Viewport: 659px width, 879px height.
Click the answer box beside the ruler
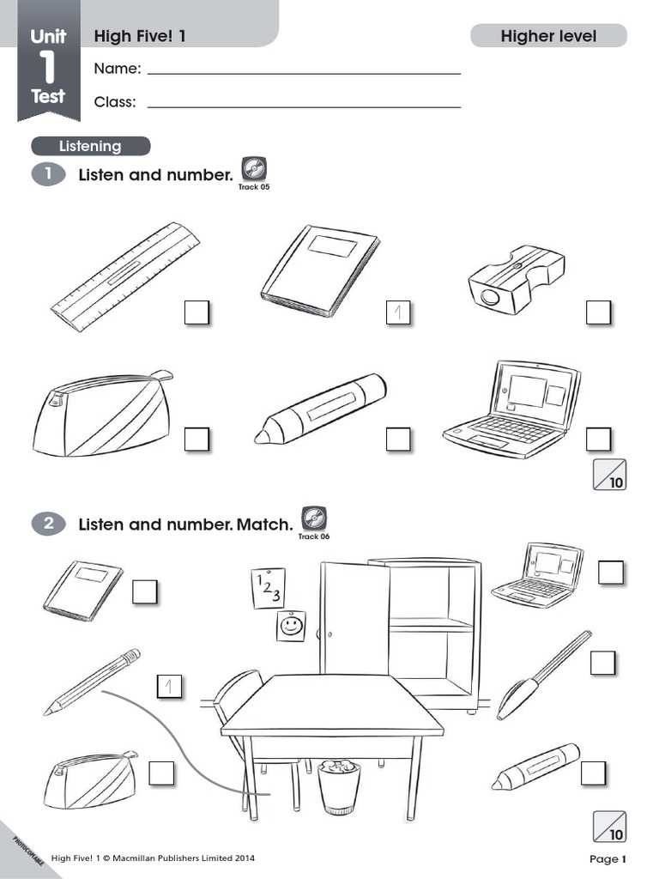click(196, 312)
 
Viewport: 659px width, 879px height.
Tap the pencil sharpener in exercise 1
click(516, 276)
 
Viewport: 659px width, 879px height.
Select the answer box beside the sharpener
click(598, 312)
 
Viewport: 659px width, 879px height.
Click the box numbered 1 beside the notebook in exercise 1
click(398, 312)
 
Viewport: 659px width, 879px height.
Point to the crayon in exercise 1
click(321, 409)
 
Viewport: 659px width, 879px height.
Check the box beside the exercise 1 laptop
click(598, 439)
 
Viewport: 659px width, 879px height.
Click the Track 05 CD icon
click(254, 168)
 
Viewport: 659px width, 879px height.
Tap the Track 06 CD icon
click(314, 518)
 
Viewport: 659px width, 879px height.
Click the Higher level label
click(548, 36)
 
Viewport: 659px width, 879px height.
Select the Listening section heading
click(91, 146)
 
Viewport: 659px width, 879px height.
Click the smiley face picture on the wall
click(292, 626)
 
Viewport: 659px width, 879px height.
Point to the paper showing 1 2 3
click(268, 588)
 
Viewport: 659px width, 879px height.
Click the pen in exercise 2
click(543, 675)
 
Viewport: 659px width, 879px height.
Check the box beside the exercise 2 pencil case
click(161, 773)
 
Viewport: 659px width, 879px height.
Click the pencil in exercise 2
click(92, 682)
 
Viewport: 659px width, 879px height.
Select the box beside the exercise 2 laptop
click(610, 573)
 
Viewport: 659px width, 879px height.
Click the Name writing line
click(304, 74)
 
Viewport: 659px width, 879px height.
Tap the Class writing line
click(304, 106)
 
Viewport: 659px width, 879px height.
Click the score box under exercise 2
click(609, 827)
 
